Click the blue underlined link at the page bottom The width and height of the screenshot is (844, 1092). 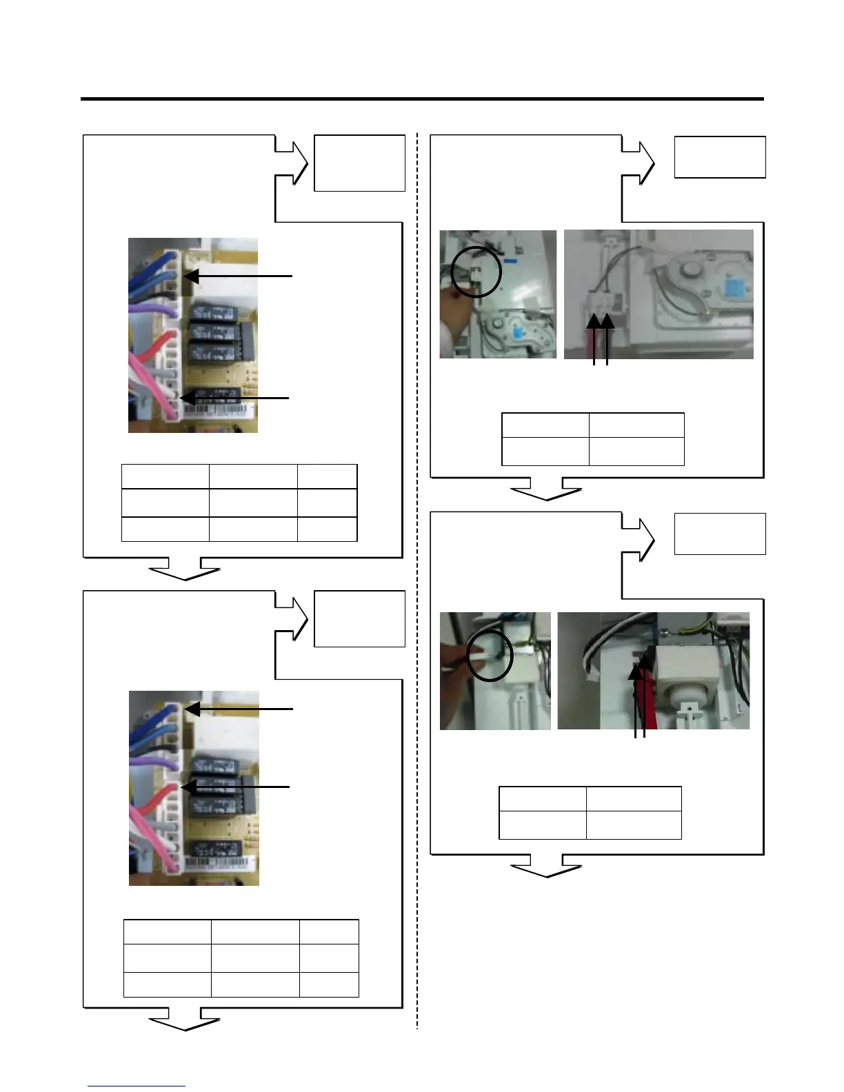point(137,1086)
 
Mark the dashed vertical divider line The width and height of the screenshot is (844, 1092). point(417,579)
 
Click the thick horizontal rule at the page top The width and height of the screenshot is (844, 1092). point(422,99)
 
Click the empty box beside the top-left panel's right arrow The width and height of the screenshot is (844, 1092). point(359,163)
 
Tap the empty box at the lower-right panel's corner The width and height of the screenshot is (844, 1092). point(719,534)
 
